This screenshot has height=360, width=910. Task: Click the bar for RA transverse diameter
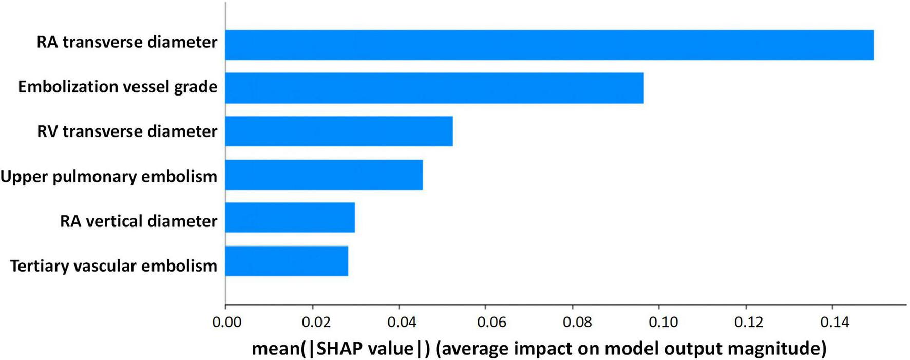[x=549, y=45]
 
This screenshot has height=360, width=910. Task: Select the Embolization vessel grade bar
[x=434, y=88]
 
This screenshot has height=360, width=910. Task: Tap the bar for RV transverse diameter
[x=339, y=131]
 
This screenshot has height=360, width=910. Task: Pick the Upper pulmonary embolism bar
[x=324, y=175]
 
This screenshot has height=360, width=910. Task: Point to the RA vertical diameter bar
[x=290, y=217]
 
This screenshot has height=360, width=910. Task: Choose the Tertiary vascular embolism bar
[x=287, y=261]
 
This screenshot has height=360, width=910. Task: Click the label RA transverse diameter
[x=127, y=42]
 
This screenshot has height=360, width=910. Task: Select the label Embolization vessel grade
[x=118, y=86]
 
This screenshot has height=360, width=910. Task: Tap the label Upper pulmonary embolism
[x=109, y=176]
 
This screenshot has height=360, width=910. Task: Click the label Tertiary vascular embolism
[x=113, y=266]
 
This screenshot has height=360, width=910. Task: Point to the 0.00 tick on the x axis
[x=226, y=322]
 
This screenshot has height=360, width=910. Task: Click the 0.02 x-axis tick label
[x=313, y=322]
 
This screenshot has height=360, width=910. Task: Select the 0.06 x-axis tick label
[x=486, y=322]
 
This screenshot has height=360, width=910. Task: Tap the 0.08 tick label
[x=573, y=322]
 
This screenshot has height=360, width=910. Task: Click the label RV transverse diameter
[x=127, y=131]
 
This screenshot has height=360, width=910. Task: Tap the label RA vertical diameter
[x=139, y=221]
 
